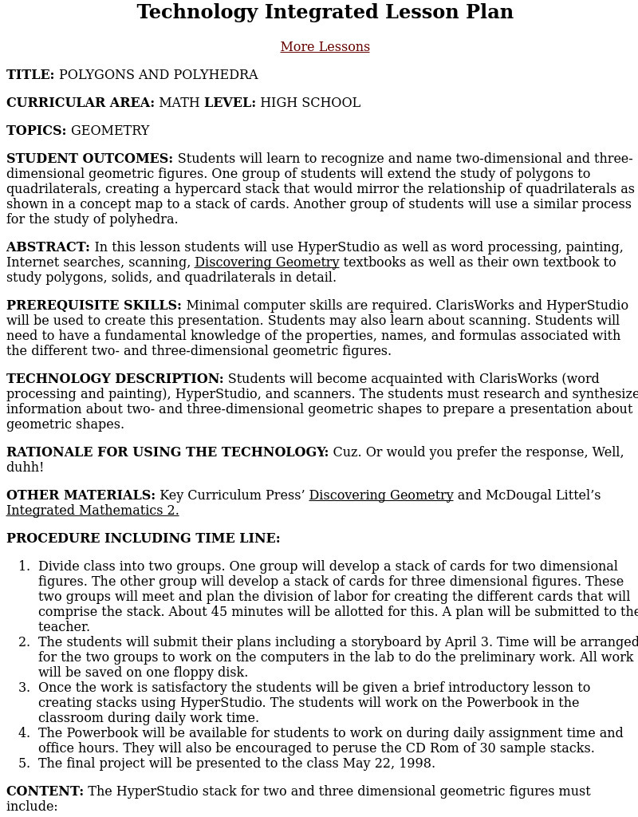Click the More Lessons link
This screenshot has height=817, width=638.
[x=325, y=47]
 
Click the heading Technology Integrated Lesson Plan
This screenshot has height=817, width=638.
[x=325, y=12]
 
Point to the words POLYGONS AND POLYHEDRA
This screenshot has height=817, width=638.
[x=158, y=75]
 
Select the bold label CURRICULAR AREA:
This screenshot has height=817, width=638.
[x=81, y=103]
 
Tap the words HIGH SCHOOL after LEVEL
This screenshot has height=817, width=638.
[x=309, y=103]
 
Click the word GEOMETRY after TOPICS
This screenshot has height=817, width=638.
[x=110, y=131]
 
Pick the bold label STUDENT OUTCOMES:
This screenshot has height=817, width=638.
[x=89, y=159]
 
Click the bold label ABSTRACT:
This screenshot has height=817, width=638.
[x=48, y=247]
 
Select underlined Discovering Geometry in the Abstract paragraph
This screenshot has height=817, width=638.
[x=266, y=262]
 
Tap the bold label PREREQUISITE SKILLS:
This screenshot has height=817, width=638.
[x=94, y=306]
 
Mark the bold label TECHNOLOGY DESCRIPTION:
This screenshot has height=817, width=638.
[x=115, y=379]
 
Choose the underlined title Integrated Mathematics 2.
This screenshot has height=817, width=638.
[x=93, y=511]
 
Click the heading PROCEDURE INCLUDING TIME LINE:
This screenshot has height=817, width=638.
[x=144, y=539]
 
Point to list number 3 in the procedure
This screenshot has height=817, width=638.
[x=24, y=688]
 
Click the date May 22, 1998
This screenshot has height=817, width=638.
[x=388, y=764]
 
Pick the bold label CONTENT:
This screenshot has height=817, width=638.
[x=45, y=791]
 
